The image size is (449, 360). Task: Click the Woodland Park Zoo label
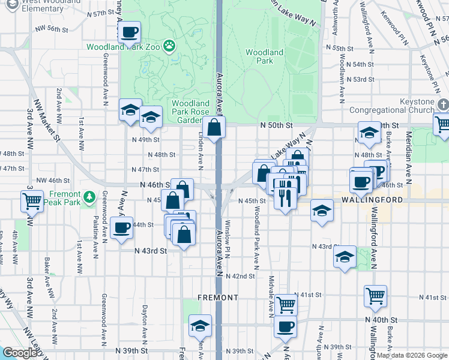(x=125, y=46)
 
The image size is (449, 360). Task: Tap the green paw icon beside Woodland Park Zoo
(x=170, y=45)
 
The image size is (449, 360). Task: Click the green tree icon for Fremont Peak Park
(x=89, y=196)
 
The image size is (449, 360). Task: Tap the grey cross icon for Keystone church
(x=442, y=105)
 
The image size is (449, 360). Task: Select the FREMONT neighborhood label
(x=218, y=298)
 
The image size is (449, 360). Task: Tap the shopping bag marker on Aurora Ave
(x=214, y=127)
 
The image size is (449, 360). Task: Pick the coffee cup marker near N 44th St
(x=122, y=228)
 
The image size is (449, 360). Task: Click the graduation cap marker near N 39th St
(x=200, y=325)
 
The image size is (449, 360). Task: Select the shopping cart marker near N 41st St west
(x=286, y=305)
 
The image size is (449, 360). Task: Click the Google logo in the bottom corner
(x=19, y=353)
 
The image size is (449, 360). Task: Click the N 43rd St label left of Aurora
(x=150, y=251)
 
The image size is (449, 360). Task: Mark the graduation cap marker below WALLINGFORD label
(x=322, y=211)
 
